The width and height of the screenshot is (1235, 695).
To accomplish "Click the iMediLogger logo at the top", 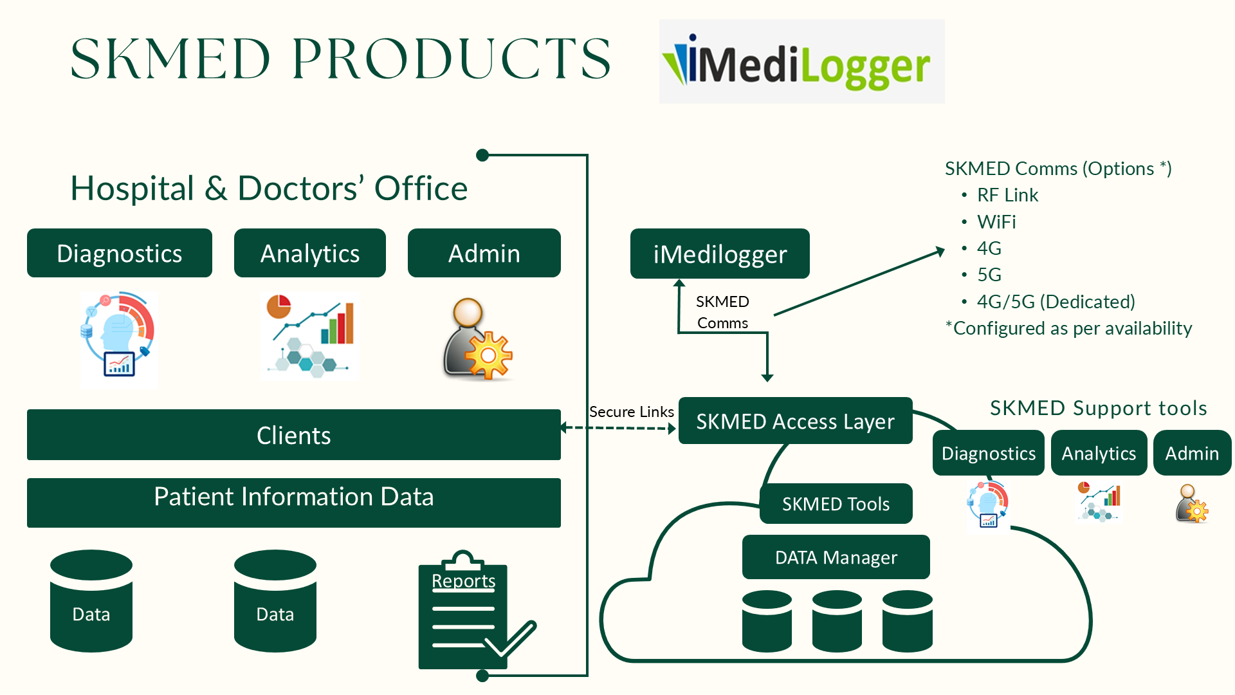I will click(801, 62).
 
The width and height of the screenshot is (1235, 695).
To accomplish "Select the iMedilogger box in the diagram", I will click(720, 254).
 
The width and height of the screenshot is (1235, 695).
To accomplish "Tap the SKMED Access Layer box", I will click(795, 422).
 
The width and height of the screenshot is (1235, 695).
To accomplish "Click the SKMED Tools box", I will click(836, 504).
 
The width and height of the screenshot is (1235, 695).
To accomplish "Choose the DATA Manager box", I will click(836, 557).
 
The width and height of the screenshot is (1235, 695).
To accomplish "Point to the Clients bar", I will click(293, 435).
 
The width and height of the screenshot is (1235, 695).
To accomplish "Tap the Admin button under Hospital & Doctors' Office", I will click(484, 254).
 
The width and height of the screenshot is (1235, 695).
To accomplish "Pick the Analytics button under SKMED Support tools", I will click(1099, 454).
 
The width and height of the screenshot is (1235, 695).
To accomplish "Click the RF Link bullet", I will click(1007, 195).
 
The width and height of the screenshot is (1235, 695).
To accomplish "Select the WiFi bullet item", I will click(996, 222).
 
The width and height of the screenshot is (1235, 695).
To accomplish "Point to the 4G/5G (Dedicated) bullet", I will click(1056, 302).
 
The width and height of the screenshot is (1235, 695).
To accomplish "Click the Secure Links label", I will click(632, 412).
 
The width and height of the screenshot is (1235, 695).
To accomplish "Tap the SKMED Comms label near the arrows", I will click(722, 312).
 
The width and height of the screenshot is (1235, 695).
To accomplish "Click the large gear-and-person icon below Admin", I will click(477, 339).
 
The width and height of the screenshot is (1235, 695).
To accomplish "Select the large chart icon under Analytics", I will click(311, 336).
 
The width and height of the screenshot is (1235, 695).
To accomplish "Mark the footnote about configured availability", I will click(1068, 328).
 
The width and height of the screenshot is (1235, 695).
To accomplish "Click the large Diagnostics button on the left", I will click(120, 254).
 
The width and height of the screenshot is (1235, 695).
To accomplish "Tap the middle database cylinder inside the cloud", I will click(837, 622).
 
